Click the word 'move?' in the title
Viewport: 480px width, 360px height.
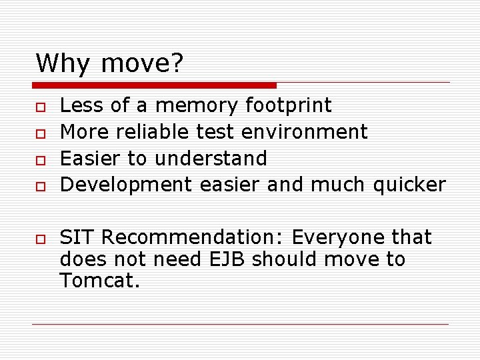(x=142, y=63)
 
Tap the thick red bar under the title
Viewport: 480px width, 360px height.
(x=154, y=85)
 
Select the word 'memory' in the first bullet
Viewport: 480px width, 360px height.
(x=196, y=106)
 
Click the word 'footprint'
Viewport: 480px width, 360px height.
(x=288, y=105)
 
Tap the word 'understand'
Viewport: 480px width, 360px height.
(x=211, y=159)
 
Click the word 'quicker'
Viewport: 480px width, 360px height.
(x=409, y=185)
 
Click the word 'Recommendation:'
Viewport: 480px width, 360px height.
(x=194, y=237)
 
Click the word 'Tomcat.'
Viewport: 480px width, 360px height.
(x=100, y=281)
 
